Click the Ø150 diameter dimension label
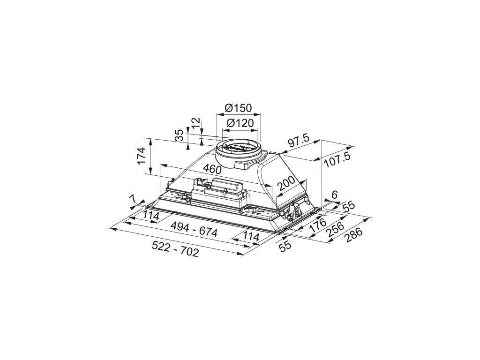(238, 108)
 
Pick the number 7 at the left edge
(133, 200)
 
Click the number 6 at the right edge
(334, 195)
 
